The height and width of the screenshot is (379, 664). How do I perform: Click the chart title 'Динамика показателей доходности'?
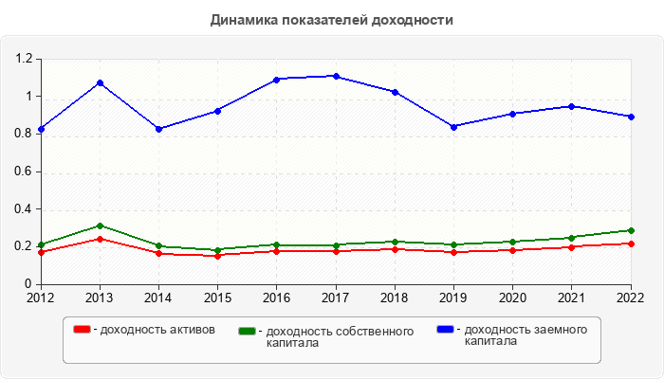(x=331, y=19)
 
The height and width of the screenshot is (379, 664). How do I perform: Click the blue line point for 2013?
(x=100, y=82)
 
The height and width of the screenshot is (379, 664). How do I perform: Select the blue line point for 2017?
(x=336, y=76)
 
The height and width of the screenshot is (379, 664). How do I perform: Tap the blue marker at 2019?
(x=454, y=126)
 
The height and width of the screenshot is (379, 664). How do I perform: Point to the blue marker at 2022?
(x=631, y=117)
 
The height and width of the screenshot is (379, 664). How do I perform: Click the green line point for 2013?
(x=100, y=226)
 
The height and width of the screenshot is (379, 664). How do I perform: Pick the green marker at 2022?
(x=631, y=230)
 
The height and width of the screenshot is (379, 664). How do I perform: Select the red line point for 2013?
(x=100, y=239)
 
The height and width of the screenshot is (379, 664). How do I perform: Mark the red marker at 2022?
(x=631, y=244)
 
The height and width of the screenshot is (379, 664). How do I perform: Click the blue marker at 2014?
(x=158, y=129)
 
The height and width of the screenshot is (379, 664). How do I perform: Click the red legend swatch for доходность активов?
(x=83, y=329)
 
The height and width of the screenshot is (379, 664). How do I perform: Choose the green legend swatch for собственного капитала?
(x=248, y=331)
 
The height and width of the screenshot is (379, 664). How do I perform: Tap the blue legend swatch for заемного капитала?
(x=445, y=329)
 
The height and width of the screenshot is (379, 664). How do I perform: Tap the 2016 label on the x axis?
(x=277, y=298)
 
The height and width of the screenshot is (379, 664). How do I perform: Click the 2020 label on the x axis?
(x=513, y=298)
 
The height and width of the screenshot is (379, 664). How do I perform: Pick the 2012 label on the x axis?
(x=41, y=298)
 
